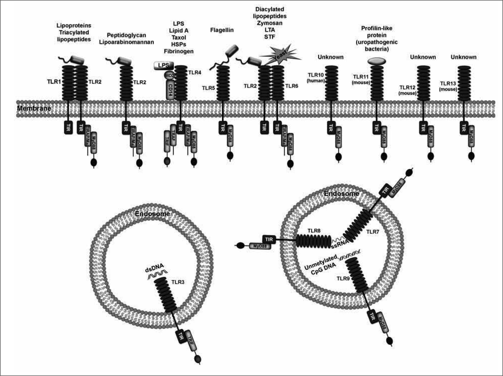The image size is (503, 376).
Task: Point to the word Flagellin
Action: (x=222, y=30)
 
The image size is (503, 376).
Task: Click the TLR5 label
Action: (x=208, y=88)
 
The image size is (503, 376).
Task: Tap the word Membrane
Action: (x=34, y=108)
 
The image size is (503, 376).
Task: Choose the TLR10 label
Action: (x=316, y=75)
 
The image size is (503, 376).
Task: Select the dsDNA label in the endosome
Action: (x=155, y=270)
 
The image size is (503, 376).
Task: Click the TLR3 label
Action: (x=178, y=282)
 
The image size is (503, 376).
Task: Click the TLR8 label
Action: (x=314, y=231)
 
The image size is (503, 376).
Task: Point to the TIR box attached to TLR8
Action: (x=269, y=239)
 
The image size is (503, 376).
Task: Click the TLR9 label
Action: (x=343, y=278)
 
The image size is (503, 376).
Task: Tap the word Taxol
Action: (x=179, y=38)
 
